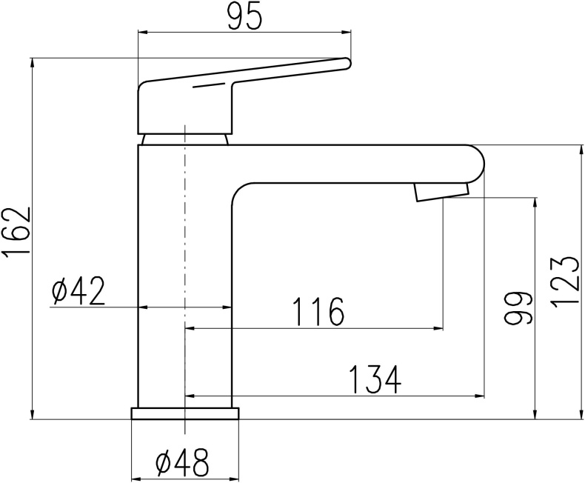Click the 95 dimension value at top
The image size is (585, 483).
click(244, 16)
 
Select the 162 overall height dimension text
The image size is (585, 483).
click(16, 233)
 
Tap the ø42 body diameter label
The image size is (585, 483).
click(78, 292)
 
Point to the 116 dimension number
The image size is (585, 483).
click(318, 312)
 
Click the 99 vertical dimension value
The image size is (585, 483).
click(518, 308)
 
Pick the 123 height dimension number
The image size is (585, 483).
click(564, 282)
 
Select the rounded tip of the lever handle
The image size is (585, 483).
click(345, 64)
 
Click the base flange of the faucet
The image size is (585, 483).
click(185, 413)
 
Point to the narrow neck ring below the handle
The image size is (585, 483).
click(184, 139)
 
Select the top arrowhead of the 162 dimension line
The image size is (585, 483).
click(33, 62)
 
